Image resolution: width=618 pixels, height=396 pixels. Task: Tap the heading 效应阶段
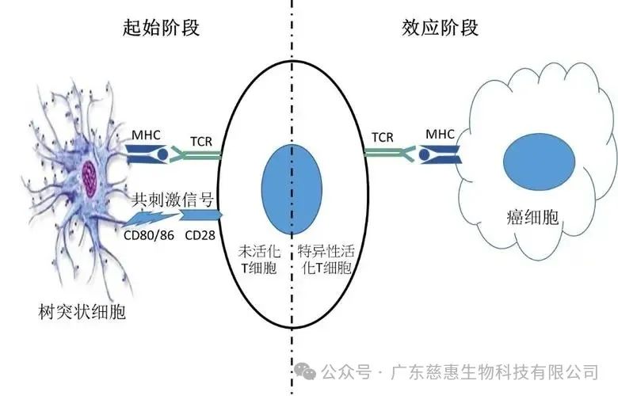click(x=441, y=28)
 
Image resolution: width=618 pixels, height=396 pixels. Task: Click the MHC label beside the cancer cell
click(x=440, y=135)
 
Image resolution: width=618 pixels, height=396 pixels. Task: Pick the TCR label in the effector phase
click(x=382, y=136)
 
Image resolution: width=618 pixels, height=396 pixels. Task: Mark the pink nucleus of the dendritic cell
click(x=90, y=170)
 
